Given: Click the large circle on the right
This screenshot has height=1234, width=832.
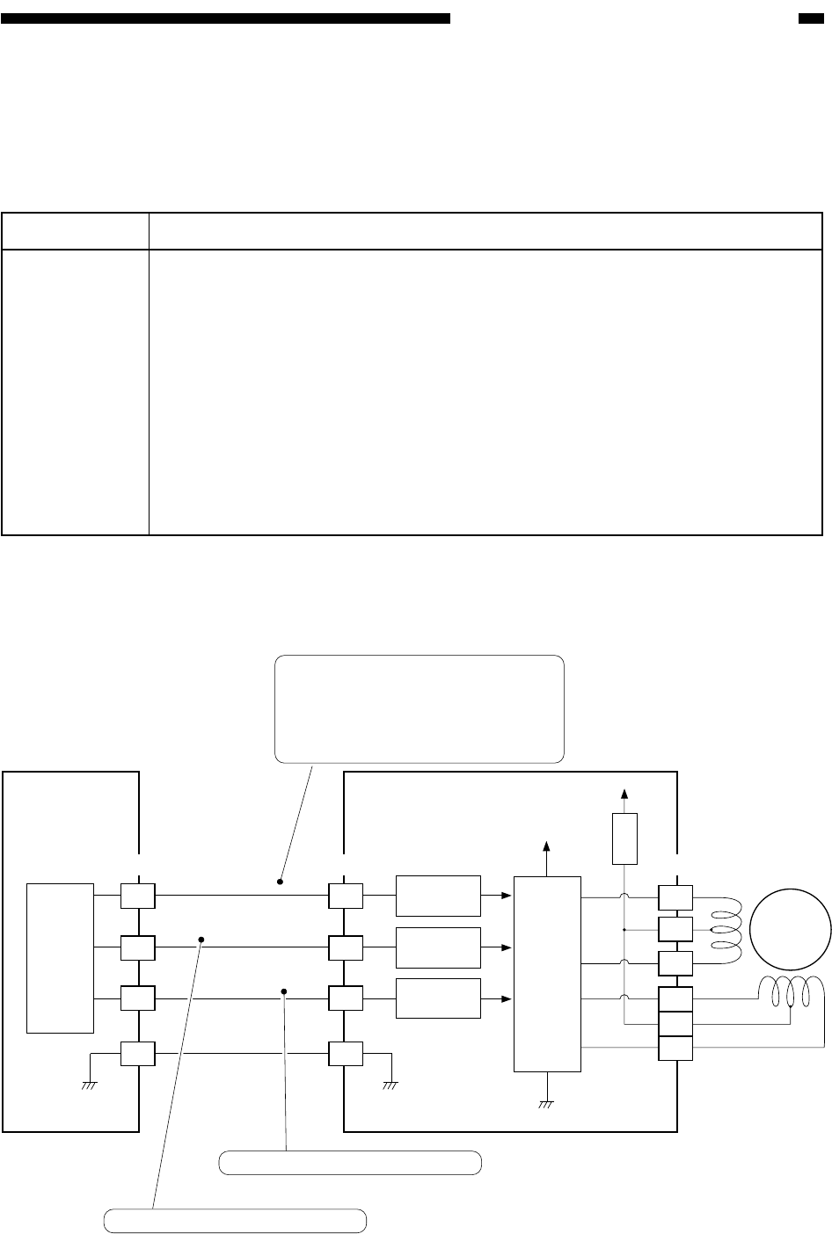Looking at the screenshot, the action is pyautogui.click(x=796, y=925).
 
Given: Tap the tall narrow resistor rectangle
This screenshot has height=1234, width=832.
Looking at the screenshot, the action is pyautogui.click(x=624, y=838).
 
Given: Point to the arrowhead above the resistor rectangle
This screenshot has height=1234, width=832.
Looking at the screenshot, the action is pyautogui.click(x=624, y=793).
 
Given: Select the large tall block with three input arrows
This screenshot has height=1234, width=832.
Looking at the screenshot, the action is pyautogui.click(x=546, y=973).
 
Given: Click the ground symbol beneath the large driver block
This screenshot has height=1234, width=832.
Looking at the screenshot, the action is pyautogui.click(x=546, y=1103).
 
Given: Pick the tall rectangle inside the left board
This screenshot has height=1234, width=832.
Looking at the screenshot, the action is pyautogui.click(x=61, y=957).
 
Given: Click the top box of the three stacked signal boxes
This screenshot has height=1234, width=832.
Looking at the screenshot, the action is pyautogui.click(x=438, y=896).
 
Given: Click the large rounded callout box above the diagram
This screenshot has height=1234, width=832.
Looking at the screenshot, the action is pyautogui.click(x=419, y=708).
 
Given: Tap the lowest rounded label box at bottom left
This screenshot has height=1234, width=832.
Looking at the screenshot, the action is pyautogui.click(x=235, y=1221).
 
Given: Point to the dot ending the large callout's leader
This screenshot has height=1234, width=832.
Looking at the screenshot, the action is pyautogui.click(x=281, y=880).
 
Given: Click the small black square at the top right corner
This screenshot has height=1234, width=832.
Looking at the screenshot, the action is pyautogui.click(x=810, y=18).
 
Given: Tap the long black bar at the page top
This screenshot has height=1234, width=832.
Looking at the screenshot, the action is pyautogui.click(x=225, y=18).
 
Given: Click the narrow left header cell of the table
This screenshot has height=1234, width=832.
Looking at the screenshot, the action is pyautogui.click(x=75, y=231).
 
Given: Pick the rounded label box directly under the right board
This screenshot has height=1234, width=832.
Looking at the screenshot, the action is pyautogui.click(x=350, y=1162).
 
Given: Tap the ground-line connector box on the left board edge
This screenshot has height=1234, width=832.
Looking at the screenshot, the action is pyautogui.click(x=138, y=1051).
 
